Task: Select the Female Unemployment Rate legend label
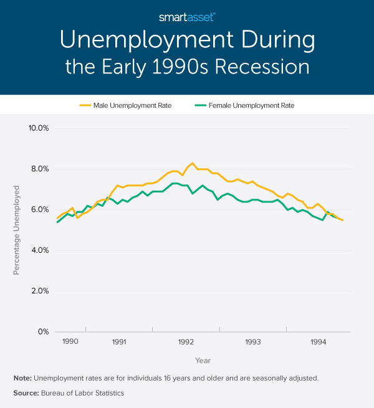coord(256,105)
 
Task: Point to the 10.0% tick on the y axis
coord(37,128)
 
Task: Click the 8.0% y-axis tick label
coord(39,169)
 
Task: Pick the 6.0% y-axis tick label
coord(39,209)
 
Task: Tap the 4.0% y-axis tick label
coord(39,250)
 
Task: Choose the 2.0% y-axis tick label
coord(39,291)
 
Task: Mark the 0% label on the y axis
coord(42,332)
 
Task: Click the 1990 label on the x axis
coord(70,342)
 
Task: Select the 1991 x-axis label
coord(119,342)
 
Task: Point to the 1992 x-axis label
coord(186,342)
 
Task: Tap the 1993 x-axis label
coord(252,342)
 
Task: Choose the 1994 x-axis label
coord(318,342)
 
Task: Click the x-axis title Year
coord(203,361)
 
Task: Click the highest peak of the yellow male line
coord(192,163)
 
